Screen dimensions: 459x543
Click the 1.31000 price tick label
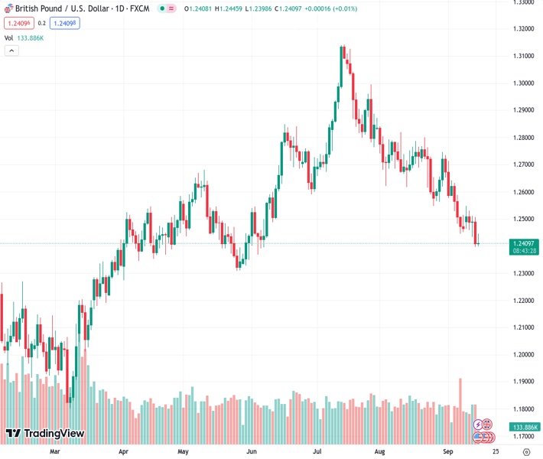tap(523, 56)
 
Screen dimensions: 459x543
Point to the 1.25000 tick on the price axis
tap(523, 219)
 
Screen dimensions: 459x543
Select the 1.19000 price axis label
tap(523, 382)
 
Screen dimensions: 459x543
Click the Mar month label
tap(54, 451)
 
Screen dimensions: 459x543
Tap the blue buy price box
tap(65, 23)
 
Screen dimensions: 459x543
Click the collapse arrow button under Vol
tap(11, 50)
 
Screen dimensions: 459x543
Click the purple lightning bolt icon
tap(479, 425)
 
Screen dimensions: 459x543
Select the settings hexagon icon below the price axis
tap(525, 452)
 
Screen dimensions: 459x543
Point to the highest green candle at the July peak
tap(342, 54)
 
